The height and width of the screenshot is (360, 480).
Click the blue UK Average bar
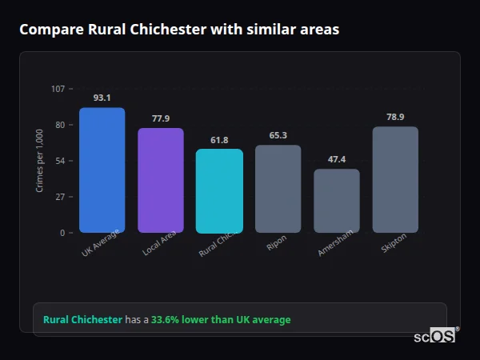click(102, 170)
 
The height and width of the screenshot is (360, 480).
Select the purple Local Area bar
click(161, 180)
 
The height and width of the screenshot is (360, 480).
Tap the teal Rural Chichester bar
click(219, 190)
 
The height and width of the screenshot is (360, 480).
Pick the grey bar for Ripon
click(278, 189)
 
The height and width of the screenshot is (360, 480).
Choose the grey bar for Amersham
click(337, 201)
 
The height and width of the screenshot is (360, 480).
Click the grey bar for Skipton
click(395, 179)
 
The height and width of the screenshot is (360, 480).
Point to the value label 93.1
click(102, 98)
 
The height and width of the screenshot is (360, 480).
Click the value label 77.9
click(161, 118)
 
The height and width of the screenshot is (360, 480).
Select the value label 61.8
click(219, 140)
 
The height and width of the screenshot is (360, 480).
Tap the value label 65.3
click(278, 135)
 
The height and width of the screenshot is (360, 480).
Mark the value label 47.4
click(337, 159)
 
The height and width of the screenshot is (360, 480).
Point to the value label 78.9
click(395, 117)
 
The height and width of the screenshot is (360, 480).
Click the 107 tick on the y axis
click(58, 89)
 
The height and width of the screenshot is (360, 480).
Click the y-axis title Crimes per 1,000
click(39, 161)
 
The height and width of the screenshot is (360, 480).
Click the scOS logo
click(434, 336)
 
